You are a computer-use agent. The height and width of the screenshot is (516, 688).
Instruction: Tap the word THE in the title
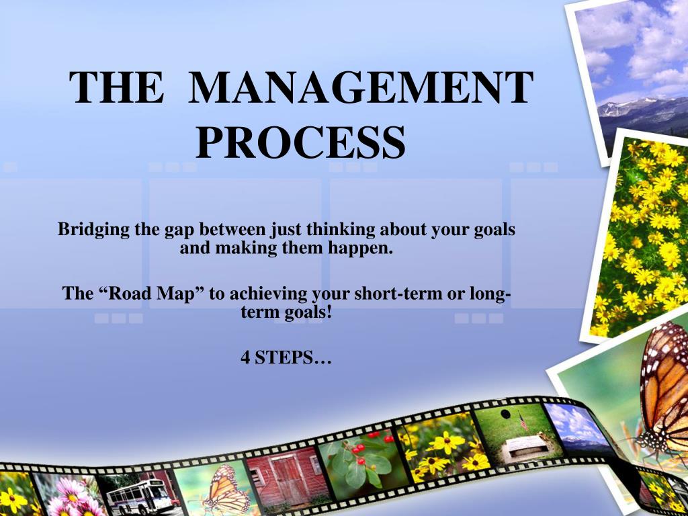(x=117, y=89)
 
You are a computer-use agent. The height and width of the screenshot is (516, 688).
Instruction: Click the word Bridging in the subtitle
(x=93, y=230)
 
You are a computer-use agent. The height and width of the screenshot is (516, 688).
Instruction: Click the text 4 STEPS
(x=286, y=358)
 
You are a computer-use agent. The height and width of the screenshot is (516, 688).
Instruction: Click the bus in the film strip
(x=138, y=496)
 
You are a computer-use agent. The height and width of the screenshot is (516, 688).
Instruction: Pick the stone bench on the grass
(x=527, y=445)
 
